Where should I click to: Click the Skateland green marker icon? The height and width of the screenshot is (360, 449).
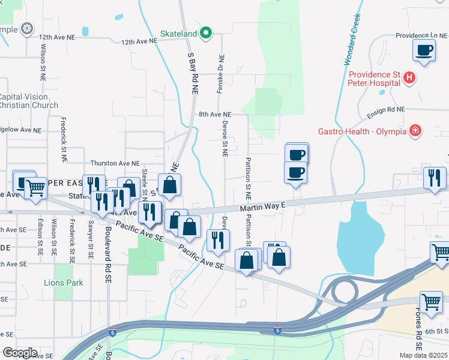[x=206, y=32]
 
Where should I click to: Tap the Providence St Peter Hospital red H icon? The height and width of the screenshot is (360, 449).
[x=409, y=77]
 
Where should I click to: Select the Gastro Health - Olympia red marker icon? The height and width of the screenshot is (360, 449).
[x=414, y=131]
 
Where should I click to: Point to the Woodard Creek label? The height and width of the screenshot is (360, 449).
[x=352, y=40]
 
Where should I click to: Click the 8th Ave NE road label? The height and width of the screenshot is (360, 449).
[x=215, y=114]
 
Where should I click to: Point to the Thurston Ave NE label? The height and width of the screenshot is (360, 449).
[x=115, y=163]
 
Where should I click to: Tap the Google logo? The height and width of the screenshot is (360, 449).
[x=20, y=353]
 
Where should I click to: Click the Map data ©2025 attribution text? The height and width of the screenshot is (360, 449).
[x=423, y=355]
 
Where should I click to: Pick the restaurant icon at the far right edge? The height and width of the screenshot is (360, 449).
[x=434, y=178]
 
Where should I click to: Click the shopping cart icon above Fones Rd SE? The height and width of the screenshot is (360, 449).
[x=431, y=302]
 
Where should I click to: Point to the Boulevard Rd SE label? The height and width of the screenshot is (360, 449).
[x=109, y=247]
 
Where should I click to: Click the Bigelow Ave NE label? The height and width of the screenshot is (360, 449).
[x=20, y=130]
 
